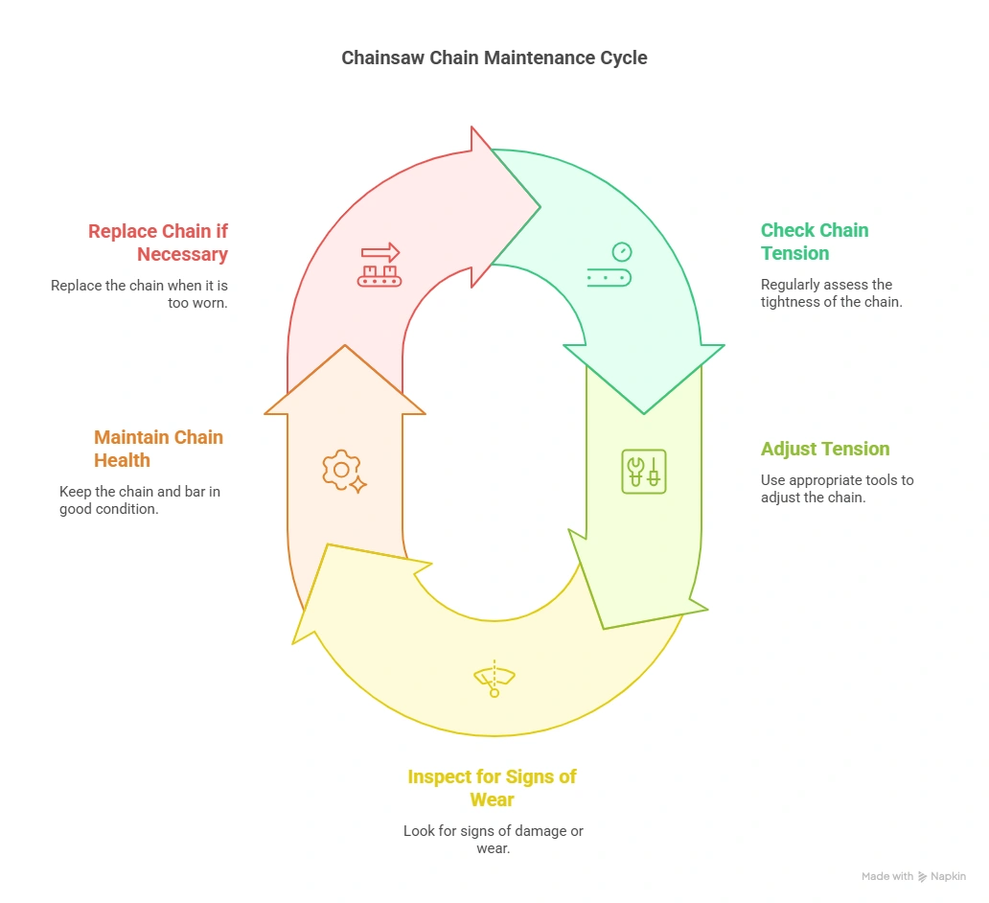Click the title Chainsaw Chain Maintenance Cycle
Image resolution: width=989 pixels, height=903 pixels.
pos(494,58)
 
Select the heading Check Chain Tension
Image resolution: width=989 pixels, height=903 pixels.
pos(814,242)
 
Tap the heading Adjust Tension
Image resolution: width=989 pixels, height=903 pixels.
pos(824,449)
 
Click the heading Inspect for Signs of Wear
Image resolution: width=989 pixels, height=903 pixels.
pos(492,788)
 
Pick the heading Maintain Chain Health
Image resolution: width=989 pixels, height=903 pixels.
pos(158,449)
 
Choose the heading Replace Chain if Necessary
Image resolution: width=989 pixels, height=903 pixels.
pos(158,242)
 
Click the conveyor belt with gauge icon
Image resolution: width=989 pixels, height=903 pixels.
pos(609,266)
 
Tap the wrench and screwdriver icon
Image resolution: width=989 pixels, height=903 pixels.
pos(643,472)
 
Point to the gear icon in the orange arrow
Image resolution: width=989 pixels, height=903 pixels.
pos(343,472)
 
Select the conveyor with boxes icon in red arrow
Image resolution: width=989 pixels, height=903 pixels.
pos(379,266)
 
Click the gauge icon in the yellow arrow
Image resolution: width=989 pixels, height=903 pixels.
pos(494,679)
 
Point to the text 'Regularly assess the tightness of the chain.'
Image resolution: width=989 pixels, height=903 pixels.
pos(826,293)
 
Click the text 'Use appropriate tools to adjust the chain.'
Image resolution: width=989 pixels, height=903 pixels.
pos(837,489)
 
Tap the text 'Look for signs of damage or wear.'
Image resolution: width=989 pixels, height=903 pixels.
pos(493,840)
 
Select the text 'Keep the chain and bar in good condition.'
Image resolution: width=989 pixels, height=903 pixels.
pos(140,500)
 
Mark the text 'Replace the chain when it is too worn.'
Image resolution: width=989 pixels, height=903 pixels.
pos(140,293)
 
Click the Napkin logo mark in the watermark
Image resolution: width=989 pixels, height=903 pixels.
pos(922,876)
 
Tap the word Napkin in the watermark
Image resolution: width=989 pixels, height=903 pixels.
pos(948,876)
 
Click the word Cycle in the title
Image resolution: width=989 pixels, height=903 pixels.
pos(623,58)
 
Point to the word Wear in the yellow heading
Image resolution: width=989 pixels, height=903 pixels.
pos(492,799)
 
